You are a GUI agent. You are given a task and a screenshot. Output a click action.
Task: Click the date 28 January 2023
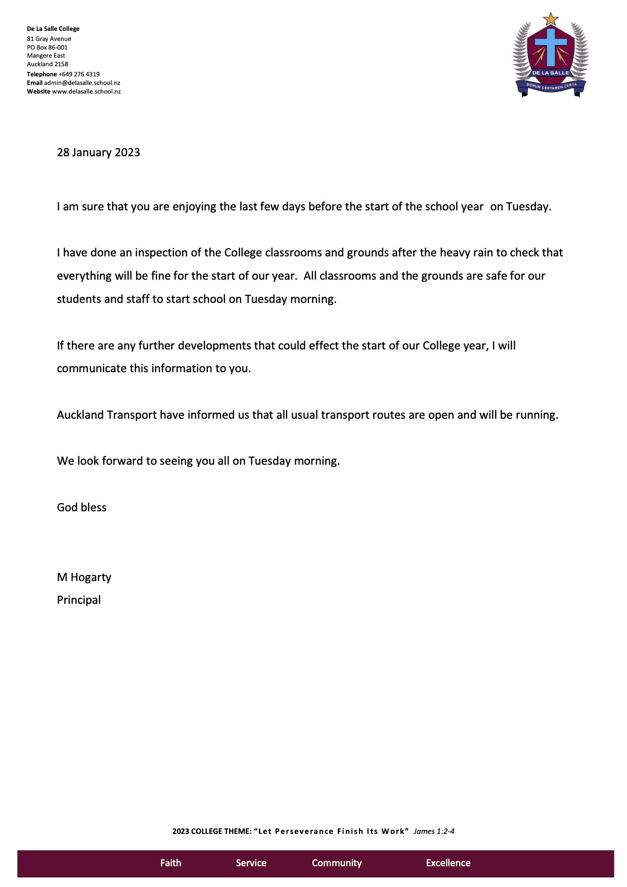(98, 152)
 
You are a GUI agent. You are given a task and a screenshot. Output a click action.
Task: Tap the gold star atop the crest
(550, 20)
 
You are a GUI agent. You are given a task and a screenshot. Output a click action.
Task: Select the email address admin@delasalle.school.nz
(82, 83)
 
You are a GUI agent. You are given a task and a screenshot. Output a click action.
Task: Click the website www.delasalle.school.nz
(86, 92)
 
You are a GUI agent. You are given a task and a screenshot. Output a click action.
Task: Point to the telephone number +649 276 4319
(79, 74)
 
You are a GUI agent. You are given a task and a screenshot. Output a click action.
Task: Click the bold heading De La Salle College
(53, 29)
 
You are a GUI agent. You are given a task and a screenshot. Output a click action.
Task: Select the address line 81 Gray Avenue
(49, 39)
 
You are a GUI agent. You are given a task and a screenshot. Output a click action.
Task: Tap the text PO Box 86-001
(47, 48)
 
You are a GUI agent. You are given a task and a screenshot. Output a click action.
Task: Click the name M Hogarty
(84, 577)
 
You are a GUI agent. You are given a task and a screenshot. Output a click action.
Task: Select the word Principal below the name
(79, 600)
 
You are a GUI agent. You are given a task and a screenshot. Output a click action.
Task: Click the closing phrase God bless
(81, 507)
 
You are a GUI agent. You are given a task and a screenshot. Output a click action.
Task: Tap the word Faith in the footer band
(170, 863)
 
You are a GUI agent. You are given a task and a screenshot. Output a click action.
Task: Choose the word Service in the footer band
(251, 863)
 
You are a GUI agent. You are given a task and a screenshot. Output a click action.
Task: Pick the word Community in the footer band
(336, 863)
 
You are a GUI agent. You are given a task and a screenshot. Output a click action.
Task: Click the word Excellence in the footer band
(448, 863)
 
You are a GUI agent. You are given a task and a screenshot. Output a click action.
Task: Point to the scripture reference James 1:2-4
(434, 831)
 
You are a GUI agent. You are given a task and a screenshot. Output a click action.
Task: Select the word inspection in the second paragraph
(166, 252)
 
